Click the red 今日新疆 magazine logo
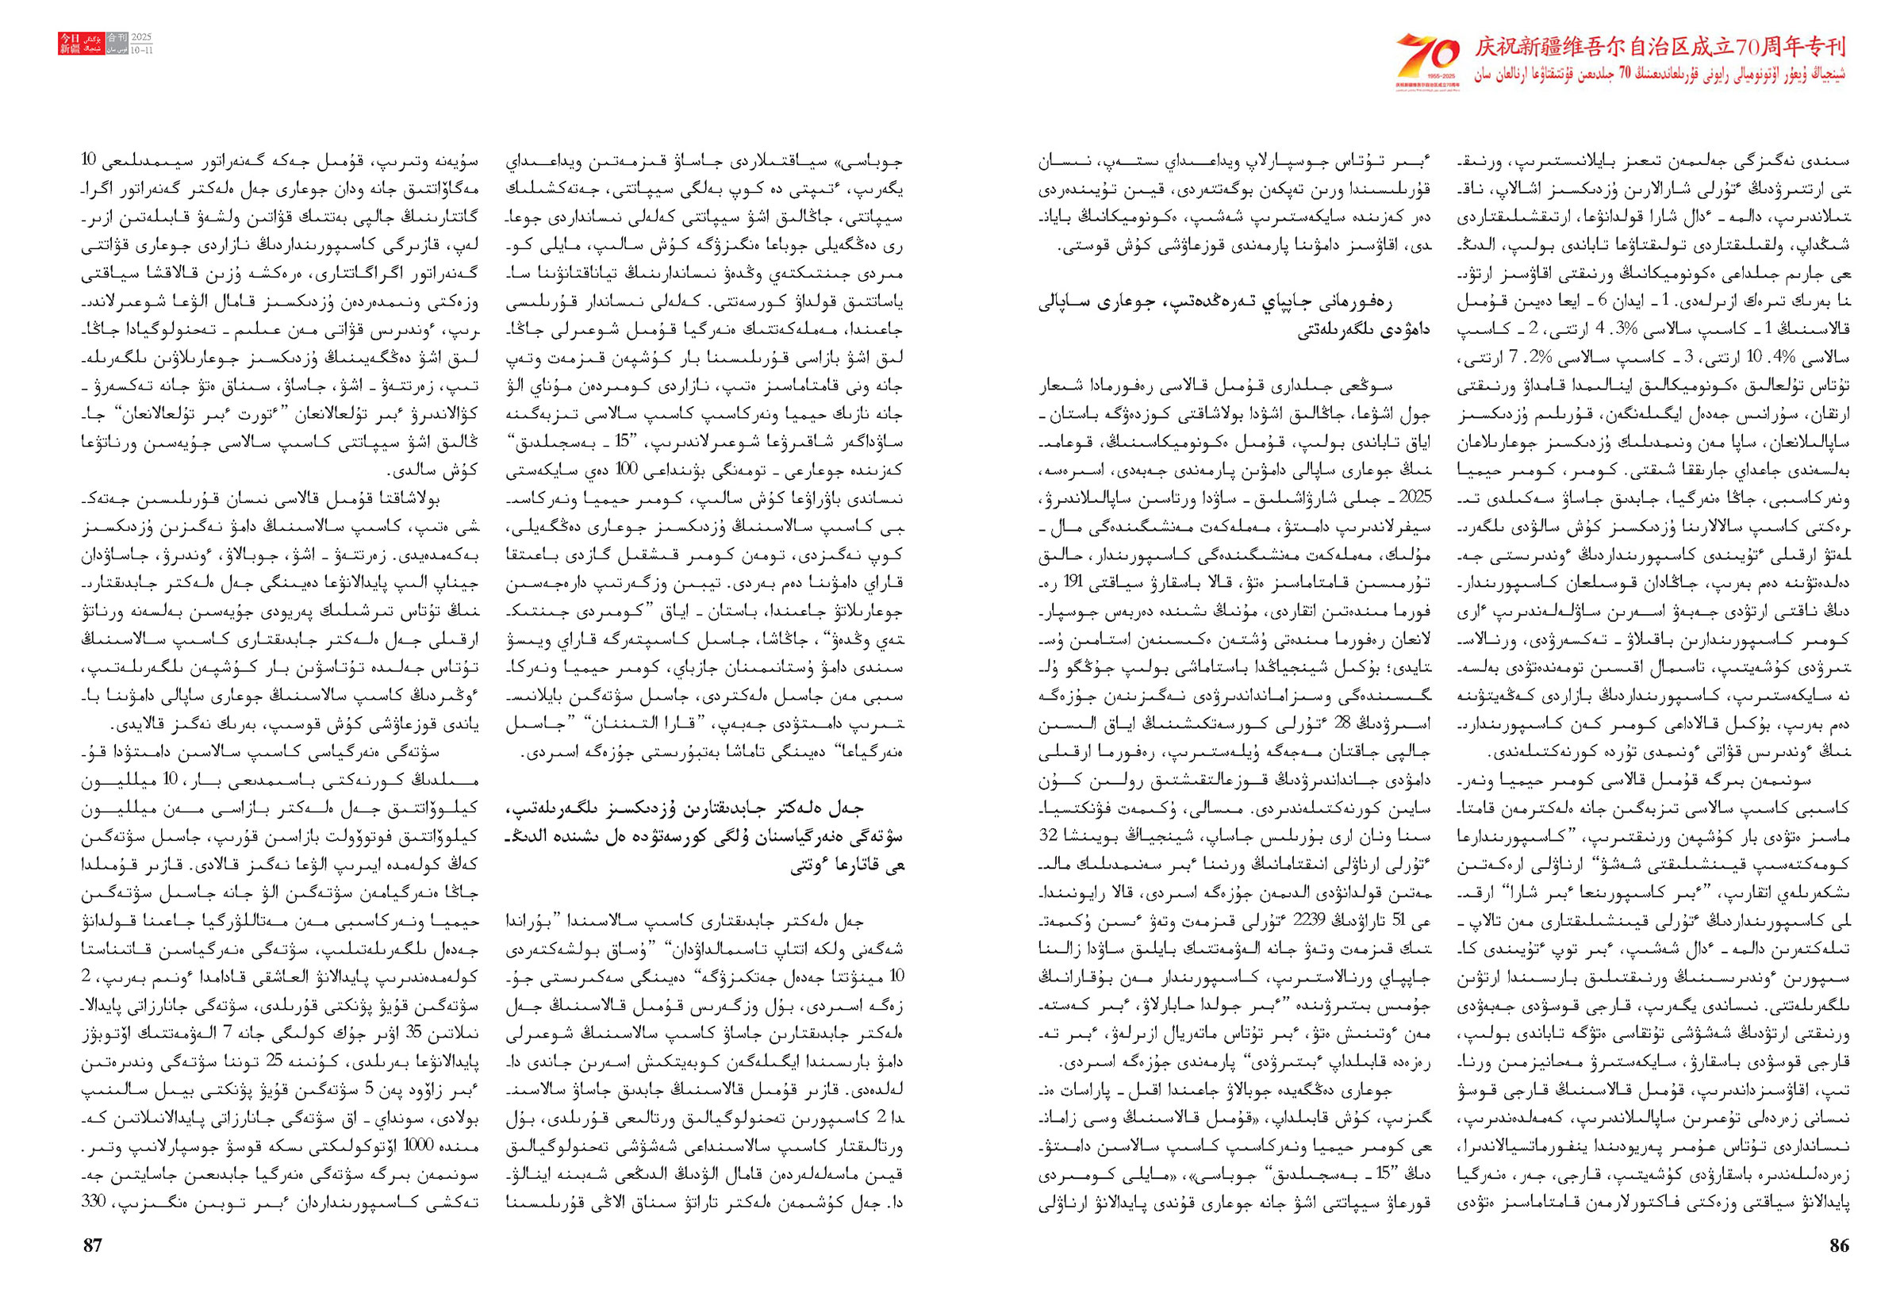70,44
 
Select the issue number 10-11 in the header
141,50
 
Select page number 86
1839,1245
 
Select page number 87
94,1245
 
